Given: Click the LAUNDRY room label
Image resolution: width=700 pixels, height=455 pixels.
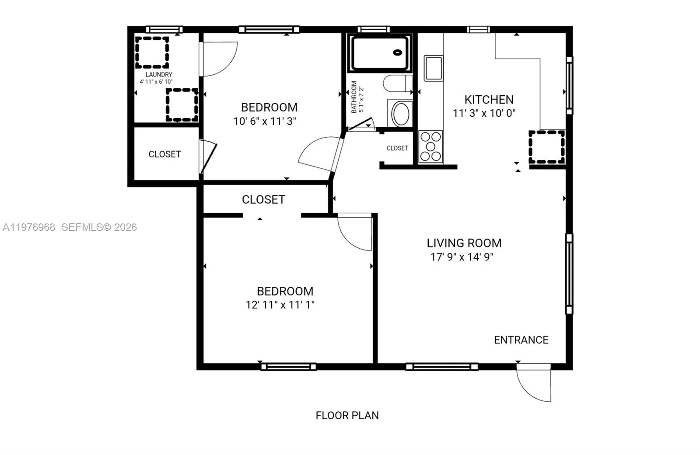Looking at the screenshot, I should [159, 75].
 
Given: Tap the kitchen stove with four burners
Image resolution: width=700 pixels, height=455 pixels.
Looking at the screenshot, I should [430, 146].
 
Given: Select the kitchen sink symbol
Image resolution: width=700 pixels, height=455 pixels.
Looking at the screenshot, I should [434, 68].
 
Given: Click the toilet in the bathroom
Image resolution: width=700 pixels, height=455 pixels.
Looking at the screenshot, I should [397, 83].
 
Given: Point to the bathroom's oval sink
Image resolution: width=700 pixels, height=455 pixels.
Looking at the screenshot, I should [400, 114].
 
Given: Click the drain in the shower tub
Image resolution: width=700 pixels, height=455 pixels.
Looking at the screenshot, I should [398, 52].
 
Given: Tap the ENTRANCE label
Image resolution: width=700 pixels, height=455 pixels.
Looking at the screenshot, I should [521, 340].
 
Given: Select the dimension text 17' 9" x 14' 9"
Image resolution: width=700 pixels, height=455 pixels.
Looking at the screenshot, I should [462, 257].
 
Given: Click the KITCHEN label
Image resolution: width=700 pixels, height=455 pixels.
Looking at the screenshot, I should [489, 100].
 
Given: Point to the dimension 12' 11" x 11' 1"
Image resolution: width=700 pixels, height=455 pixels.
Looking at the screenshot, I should [280, 305].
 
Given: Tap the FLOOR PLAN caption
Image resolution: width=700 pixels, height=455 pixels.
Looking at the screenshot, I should [347, 415].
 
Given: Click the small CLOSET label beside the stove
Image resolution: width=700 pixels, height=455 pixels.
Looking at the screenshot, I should [397, 148].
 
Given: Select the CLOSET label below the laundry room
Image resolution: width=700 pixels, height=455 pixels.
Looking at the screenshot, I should [164, 154].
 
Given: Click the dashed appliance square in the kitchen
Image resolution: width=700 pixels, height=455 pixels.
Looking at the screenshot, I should [547, 147].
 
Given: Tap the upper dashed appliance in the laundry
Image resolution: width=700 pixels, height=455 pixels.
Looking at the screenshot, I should [152, 52].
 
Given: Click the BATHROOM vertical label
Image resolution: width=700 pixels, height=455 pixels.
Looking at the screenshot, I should [354, 97].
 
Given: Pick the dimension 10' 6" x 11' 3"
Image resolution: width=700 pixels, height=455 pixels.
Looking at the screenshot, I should [265, 122].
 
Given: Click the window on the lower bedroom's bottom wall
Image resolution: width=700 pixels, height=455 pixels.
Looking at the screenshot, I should [288, 367].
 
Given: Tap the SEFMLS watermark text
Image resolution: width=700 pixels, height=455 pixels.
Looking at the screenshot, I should [99, 227].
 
